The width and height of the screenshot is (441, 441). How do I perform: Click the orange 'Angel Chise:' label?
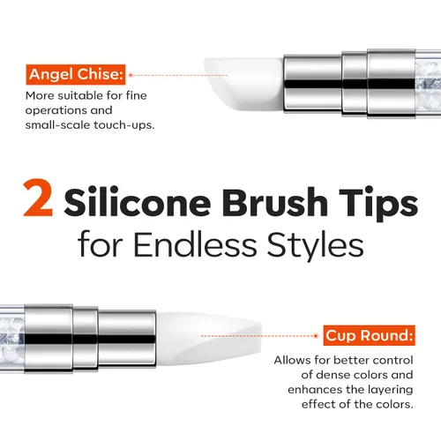76,75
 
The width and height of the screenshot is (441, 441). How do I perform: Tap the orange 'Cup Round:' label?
369,335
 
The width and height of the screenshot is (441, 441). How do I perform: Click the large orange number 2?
38,198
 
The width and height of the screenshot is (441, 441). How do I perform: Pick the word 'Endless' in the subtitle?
195,244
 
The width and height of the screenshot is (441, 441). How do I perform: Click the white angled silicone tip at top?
244,85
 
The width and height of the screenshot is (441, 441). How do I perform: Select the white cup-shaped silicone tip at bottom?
209,340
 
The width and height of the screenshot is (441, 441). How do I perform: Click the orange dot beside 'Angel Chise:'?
131,75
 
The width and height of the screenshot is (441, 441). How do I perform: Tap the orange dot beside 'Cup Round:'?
316,336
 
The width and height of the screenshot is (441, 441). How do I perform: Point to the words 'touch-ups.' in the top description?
123,125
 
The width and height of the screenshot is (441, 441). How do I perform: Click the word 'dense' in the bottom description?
332,375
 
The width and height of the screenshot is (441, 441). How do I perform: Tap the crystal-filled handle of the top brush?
428,85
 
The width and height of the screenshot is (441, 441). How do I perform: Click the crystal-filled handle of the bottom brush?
12,338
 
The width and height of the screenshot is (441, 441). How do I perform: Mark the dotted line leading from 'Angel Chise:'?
180,75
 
